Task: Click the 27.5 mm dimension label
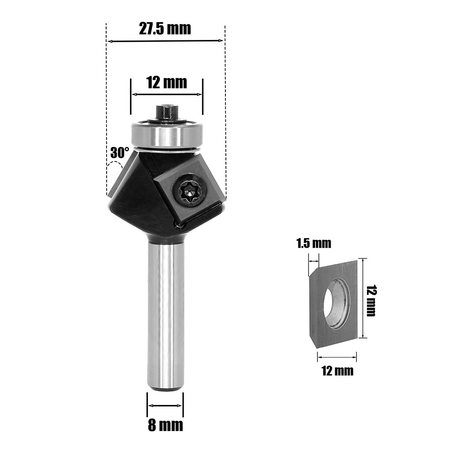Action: [x=165, y=29]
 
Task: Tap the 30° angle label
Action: [x=120, y=153]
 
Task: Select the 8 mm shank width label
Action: [x=165, y=425]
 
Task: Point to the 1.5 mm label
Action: [x=314, y=244]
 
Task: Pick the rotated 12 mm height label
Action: [x=371, y=301]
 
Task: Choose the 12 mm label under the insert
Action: [x=337, y=371]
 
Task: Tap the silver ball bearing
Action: [x=166, y=133]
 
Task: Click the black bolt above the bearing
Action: [x=166, y=112]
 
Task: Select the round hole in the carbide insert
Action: [x=337, y=303]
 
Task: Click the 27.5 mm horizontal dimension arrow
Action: [x=166, y=41]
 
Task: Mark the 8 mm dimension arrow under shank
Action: [x=165, y=405]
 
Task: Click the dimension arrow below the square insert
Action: [x=337, y=357]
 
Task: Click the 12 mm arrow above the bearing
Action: [x=166, y=94]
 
